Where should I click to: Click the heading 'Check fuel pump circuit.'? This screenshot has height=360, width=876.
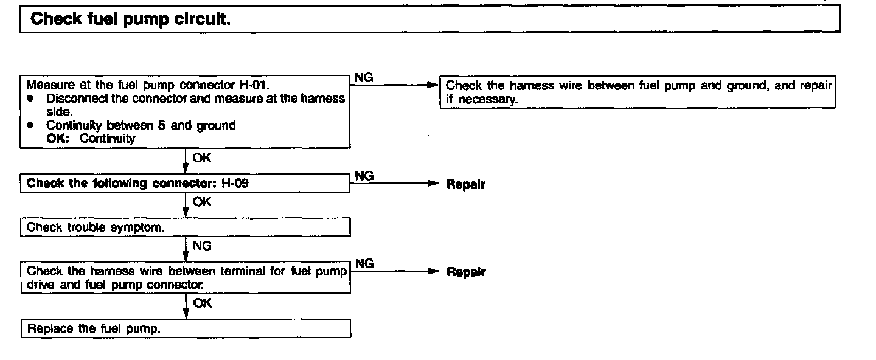[130, 19]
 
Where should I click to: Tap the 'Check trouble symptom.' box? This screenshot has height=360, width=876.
[186, 227]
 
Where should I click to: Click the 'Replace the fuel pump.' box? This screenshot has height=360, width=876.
[186, 329]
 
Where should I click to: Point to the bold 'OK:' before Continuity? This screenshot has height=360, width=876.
[60, 138]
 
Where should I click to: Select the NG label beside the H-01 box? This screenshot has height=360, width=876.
[364, 78]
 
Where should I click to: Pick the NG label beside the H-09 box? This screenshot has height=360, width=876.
[364, 176]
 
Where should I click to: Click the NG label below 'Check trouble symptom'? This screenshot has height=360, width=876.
[201, 246]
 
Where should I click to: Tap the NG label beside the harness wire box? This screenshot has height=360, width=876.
[364, 264]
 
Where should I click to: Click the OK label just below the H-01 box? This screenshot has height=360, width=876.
[201, 159]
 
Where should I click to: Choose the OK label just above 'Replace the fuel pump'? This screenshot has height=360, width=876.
[201, 303]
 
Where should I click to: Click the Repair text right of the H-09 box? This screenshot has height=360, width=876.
[465, 184]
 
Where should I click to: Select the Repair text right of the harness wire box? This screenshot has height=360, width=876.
[465, 272]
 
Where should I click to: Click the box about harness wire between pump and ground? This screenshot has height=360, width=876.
[638, 92]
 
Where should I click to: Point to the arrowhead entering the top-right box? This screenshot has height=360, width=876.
[434, 86]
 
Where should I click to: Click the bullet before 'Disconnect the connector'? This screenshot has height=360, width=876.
[29, 99]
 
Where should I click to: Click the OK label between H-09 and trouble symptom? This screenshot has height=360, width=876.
[201, 202]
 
